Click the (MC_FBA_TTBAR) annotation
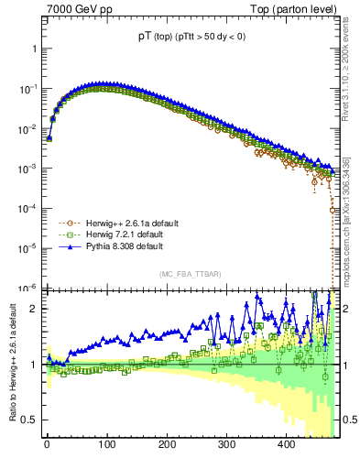click(189, 275)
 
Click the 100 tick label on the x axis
click(106, 444)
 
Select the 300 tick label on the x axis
click(226, 444)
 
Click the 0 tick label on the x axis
click(47, 444)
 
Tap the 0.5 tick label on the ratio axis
click(28, 420)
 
